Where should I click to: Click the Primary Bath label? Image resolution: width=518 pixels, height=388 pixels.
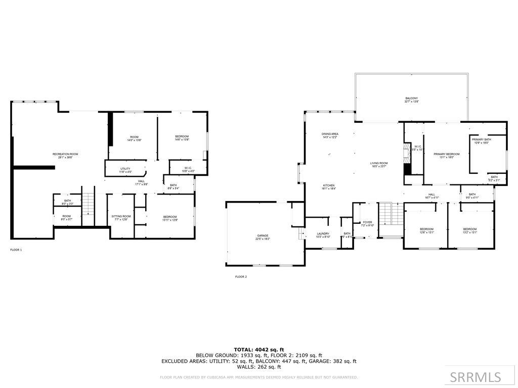pyautogui.click(x=481, y=140)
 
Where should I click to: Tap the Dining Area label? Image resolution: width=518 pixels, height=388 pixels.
pyautogui.click(x=330, y=135)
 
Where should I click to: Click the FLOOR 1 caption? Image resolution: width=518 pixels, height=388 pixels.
pyautogui.click(x=16, y=250)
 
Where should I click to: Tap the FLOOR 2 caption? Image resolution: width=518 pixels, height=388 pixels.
pyautogui.click(x=241, y=277)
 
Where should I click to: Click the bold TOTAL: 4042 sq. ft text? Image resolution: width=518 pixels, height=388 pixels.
pyautogui.click(x=258, y=349)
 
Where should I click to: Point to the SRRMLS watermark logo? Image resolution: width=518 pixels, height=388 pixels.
pyautogui.click(x=476, y=377)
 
